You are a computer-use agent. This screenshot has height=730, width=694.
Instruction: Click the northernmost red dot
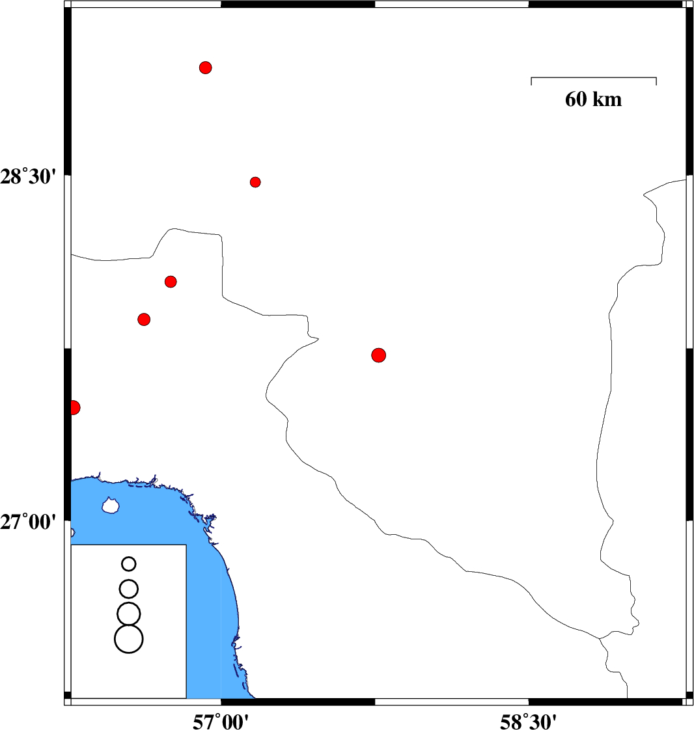coord(206,68)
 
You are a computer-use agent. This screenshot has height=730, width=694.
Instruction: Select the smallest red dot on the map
coord(255,182)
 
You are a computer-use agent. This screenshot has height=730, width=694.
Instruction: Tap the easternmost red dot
coord(379,355)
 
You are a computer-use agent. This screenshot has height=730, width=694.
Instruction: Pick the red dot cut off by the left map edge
coord(74,407)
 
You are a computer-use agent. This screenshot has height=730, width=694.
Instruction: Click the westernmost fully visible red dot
coord(144,319)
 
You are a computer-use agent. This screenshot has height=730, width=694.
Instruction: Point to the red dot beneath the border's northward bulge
coord(171,282)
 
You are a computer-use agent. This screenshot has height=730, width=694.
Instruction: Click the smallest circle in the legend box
coord(128,564)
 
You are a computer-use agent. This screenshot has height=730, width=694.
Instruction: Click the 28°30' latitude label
coord(28,177)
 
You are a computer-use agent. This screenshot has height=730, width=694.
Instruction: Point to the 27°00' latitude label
coord(28,522)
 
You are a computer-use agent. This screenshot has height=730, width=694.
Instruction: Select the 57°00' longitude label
coord(221,722)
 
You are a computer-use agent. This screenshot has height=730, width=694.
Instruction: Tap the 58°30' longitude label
coord(528,722)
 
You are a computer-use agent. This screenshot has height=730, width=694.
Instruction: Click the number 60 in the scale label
coord(576,99)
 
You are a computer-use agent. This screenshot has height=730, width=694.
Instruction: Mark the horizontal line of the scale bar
coord(594,77)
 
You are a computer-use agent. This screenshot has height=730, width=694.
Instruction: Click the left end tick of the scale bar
coord(531,81)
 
